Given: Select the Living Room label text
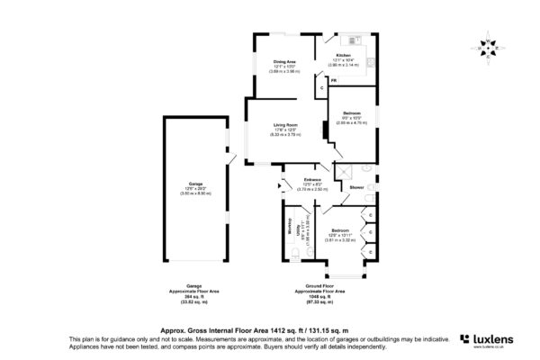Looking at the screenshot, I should pos(287,127).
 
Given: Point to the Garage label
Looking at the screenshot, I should pos(194,183).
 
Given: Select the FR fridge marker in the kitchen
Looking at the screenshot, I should pos(333,82).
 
